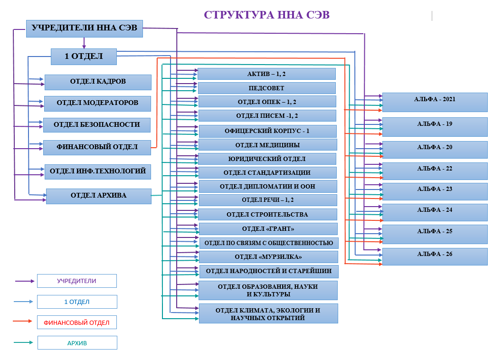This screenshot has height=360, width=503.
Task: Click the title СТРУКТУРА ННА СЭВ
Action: (266, 15)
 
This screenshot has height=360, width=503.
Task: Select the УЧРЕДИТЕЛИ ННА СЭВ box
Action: (84, 28)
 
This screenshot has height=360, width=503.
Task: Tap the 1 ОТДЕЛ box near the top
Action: (84, 57)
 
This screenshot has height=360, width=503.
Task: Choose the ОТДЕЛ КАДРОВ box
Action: (98, 82)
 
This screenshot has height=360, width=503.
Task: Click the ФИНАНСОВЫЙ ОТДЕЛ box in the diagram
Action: (97, 147)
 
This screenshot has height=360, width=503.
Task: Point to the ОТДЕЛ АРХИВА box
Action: (98, 196)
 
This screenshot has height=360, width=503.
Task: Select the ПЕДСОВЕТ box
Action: (266, 88)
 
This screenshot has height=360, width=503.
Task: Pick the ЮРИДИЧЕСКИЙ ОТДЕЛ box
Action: (267, 159)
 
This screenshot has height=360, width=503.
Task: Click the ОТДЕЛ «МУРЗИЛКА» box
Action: (268, 257)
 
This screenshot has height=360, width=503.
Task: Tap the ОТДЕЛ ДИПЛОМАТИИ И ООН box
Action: (267, 187)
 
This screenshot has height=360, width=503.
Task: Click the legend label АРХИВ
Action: (77, 343)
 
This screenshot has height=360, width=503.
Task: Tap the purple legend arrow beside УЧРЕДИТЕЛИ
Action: (25, 281)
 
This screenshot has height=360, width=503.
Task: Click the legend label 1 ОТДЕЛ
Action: (77, 302)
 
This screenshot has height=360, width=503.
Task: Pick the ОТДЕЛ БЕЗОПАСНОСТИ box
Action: (97, 125)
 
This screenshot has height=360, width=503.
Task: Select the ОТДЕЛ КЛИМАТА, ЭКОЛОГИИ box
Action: (268, 314)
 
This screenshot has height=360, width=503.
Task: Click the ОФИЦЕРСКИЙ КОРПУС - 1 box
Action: (267, 131)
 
